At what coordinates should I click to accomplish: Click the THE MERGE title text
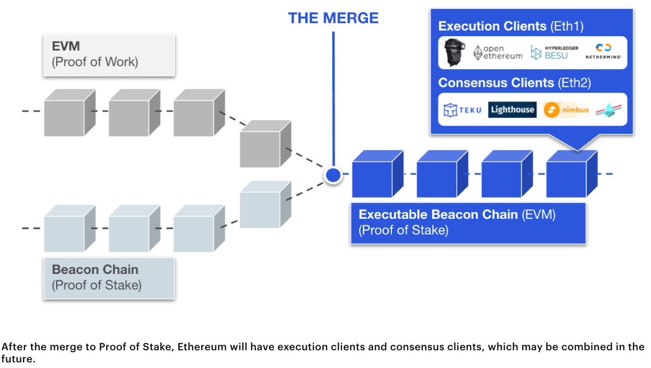click(x=333, y=18)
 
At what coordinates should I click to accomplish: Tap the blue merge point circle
click(x=333, y=175)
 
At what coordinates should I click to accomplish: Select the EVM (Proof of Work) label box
click(x=109, y=55)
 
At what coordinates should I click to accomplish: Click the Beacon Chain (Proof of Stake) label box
click(x=109, y=278)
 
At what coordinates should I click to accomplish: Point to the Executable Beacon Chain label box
click(x=468, y=223)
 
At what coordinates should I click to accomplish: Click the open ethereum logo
click(x=497, y=53)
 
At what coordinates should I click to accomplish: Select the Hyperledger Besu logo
click(x=554, y=53)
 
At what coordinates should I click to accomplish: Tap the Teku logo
click(x=462, y=110)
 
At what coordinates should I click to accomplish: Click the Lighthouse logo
click(x=512, y=110)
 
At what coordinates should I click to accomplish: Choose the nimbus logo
click(x=566, y=110)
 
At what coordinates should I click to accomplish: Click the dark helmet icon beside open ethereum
click(x=454, y=52)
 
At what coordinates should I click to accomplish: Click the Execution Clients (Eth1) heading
click(x=511, y=26)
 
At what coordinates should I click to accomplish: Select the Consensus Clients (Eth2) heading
click(x=515, y=83)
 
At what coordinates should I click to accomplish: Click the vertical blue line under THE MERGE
click(x=333, y=98)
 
